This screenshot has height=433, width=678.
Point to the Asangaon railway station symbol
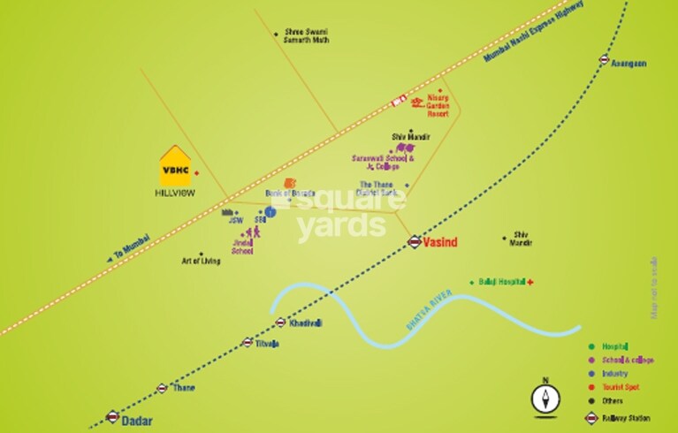coord(604,60)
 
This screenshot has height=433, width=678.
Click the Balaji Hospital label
coord(500,281)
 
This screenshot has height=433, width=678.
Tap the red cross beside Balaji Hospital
coord(529,281)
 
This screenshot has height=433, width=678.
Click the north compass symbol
coord(545,399)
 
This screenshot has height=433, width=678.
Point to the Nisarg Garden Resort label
coord(438,104)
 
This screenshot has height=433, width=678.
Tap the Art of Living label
coord(201,261)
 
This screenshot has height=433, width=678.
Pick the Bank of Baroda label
coord(290,192)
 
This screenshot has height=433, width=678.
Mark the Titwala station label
coord(267,343)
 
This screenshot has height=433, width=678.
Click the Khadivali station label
coord(305,323)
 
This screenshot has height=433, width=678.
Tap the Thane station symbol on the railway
coord(162,388)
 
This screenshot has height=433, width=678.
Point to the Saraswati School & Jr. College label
coord(384,162)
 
